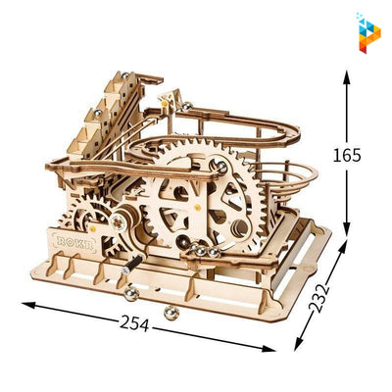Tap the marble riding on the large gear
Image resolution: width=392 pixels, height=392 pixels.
(x=223, y=169)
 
